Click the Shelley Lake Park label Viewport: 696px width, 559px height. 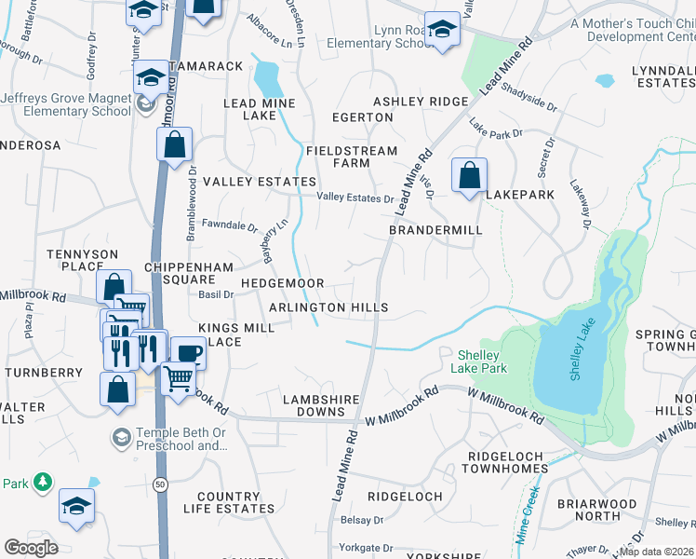(x=482, y=361)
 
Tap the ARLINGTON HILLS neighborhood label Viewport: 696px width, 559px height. (x=328, y=307)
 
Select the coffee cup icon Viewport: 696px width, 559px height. (x=189, y=353)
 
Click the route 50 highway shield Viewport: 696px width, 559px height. (x=160, y=485)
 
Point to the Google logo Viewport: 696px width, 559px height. (x=31, y=547)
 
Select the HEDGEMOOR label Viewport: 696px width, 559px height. (x=282, y=283)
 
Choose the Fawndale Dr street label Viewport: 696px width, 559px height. (x=229, y=225)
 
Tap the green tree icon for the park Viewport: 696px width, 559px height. (x=42, y=482)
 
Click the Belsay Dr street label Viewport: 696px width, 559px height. (x=362, y=520)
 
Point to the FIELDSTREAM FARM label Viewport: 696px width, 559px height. (x=352, y=157)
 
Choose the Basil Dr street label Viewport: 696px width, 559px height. (x=216, y=294)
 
